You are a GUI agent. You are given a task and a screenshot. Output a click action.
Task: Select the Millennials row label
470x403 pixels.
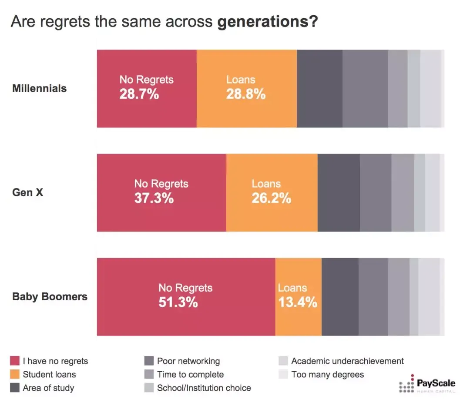pos(40,88)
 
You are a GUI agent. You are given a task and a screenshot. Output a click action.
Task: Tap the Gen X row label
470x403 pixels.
pos(28,192)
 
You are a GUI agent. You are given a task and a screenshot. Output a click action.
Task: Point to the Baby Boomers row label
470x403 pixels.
pos(50,297)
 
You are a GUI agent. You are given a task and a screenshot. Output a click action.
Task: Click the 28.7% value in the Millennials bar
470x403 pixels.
pos(139,94)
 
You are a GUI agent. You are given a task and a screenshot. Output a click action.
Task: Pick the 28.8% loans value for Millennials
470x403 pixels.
pos(246,94)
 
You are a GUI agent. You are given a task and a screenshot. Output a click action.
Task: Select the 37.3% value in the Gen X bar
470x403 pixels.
pos(154,198)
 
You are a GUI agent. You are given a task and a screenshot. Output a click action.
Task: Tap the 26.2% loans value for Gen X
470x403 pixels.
pos(271,198)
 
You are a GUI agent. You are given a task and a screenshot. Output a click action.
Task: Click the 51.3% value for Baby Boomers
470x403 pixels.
pos(178,302)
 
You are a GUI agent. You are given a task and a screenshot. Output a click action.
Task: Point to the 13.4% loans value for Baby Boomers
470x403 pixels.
pos(298,302)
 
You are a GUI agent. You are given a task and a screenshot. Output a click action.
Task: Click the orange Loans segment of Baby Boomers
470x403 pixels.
pos(299,322)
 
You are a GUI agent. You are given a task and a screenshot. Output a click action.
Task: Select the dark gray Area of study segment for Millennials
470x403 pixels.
pos(319,88)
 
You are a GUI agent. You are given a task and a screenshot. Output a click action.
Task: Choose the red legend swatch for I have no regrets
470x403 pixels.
pos(15,361)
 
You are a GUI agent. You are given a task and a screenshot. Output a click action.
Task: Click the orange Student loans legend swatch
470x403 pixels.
pos(15,374)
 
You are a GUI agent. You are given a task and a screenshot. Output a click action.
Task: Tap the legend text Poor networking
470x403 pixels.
pos(188,361)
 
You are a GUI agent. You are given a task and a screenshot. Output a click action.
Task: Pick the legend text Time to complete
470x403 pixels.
pos(190,374)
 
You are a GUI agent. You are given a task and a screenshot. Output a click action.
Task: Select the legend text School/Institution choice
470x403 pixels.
pos(204,388)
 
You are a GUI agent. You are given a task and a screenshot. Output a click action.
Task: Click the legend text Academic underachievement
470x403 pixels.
pos(347,361)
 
